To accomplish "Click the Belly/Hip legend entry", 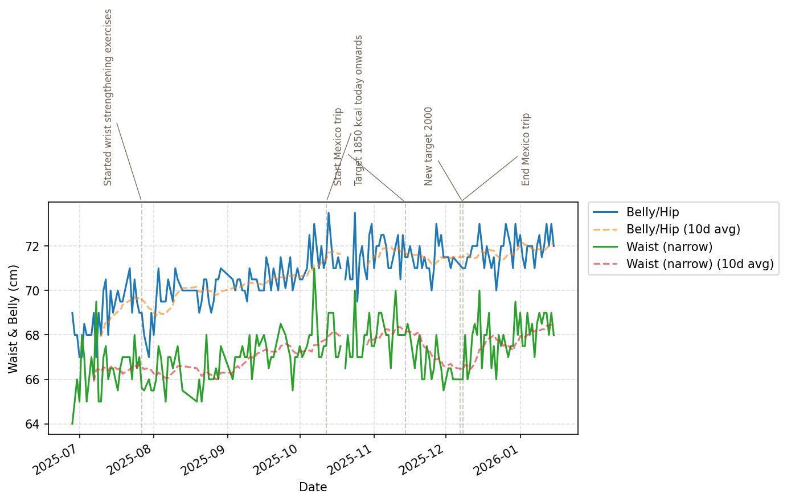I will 653,212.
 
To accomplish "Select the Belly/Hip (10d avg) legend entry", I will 683,229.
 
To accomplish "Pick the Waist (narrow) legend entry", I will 669,246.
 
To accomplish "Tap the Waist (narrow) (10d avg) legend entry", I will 699,264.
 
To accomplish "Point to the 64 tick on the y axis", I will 36,424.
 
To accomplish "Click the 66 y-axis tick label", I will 36,380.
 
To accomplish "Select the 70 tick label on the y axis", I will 36,291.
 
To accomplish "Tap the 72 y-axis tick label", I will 36,246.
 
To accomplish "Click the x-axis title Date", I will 313,487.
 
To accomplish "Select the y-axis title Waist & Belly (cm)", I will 14,319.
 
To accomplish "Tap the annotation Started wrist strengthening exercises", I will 108,97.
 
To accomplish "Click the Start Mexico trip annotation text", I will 338,147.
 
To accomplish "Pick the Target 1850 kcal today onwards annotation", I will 359,110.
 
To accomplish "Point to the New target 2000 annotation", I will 429,146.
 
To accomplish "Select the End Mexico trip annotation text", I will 526,149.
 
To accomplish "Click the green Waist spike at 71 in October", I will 314,269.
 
